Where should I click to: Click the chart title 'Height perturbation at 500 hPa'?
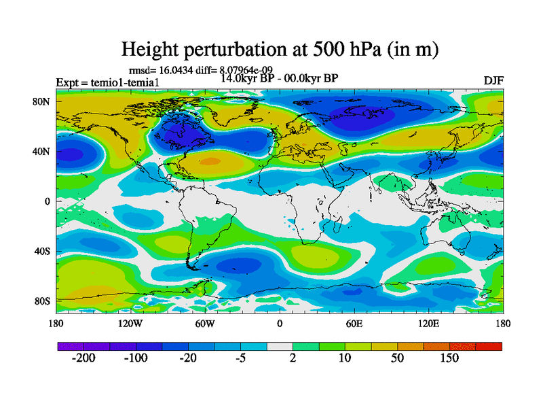pyautogui.click(x=279, y=49)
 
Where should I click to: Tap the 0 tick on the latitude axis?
pyautogui.click(x=48, y=201)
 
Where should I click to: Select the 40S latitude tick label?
pyautogui.click(x=43, y=251)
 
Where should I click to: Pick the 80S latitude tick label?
pyautogui.click(x=43, y=301)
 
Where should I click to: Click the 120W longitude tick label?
pyautogui.click(x=130, y=324)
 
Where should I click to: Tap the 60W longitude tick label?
pyautogui.click(x=205, y=324)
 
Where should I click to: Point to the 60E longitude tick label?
pyautogui.click(x=354, y=324)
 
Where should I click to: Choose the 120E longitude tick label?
pyautogui.click(x=428, y=324)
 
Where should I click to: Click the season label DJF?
pyautogui.click(x=493, y=81)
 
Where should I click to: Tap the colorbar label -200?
pyautogui.click(x=83, y=358)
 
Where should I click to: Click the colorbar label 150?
pyautogui.click(x=449, y=358)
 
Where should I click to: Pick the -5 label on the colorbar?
pyautogui.click(x=240, y=358)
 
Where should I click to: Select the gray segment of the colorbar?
pyautogui.click(x=279, y=346)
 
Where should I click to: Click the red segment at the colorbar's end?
pyautogui.click(x=489, y=346)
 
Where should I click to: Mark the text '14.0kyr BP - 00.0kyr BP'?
pyautogui.click(x=279, y=78)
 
